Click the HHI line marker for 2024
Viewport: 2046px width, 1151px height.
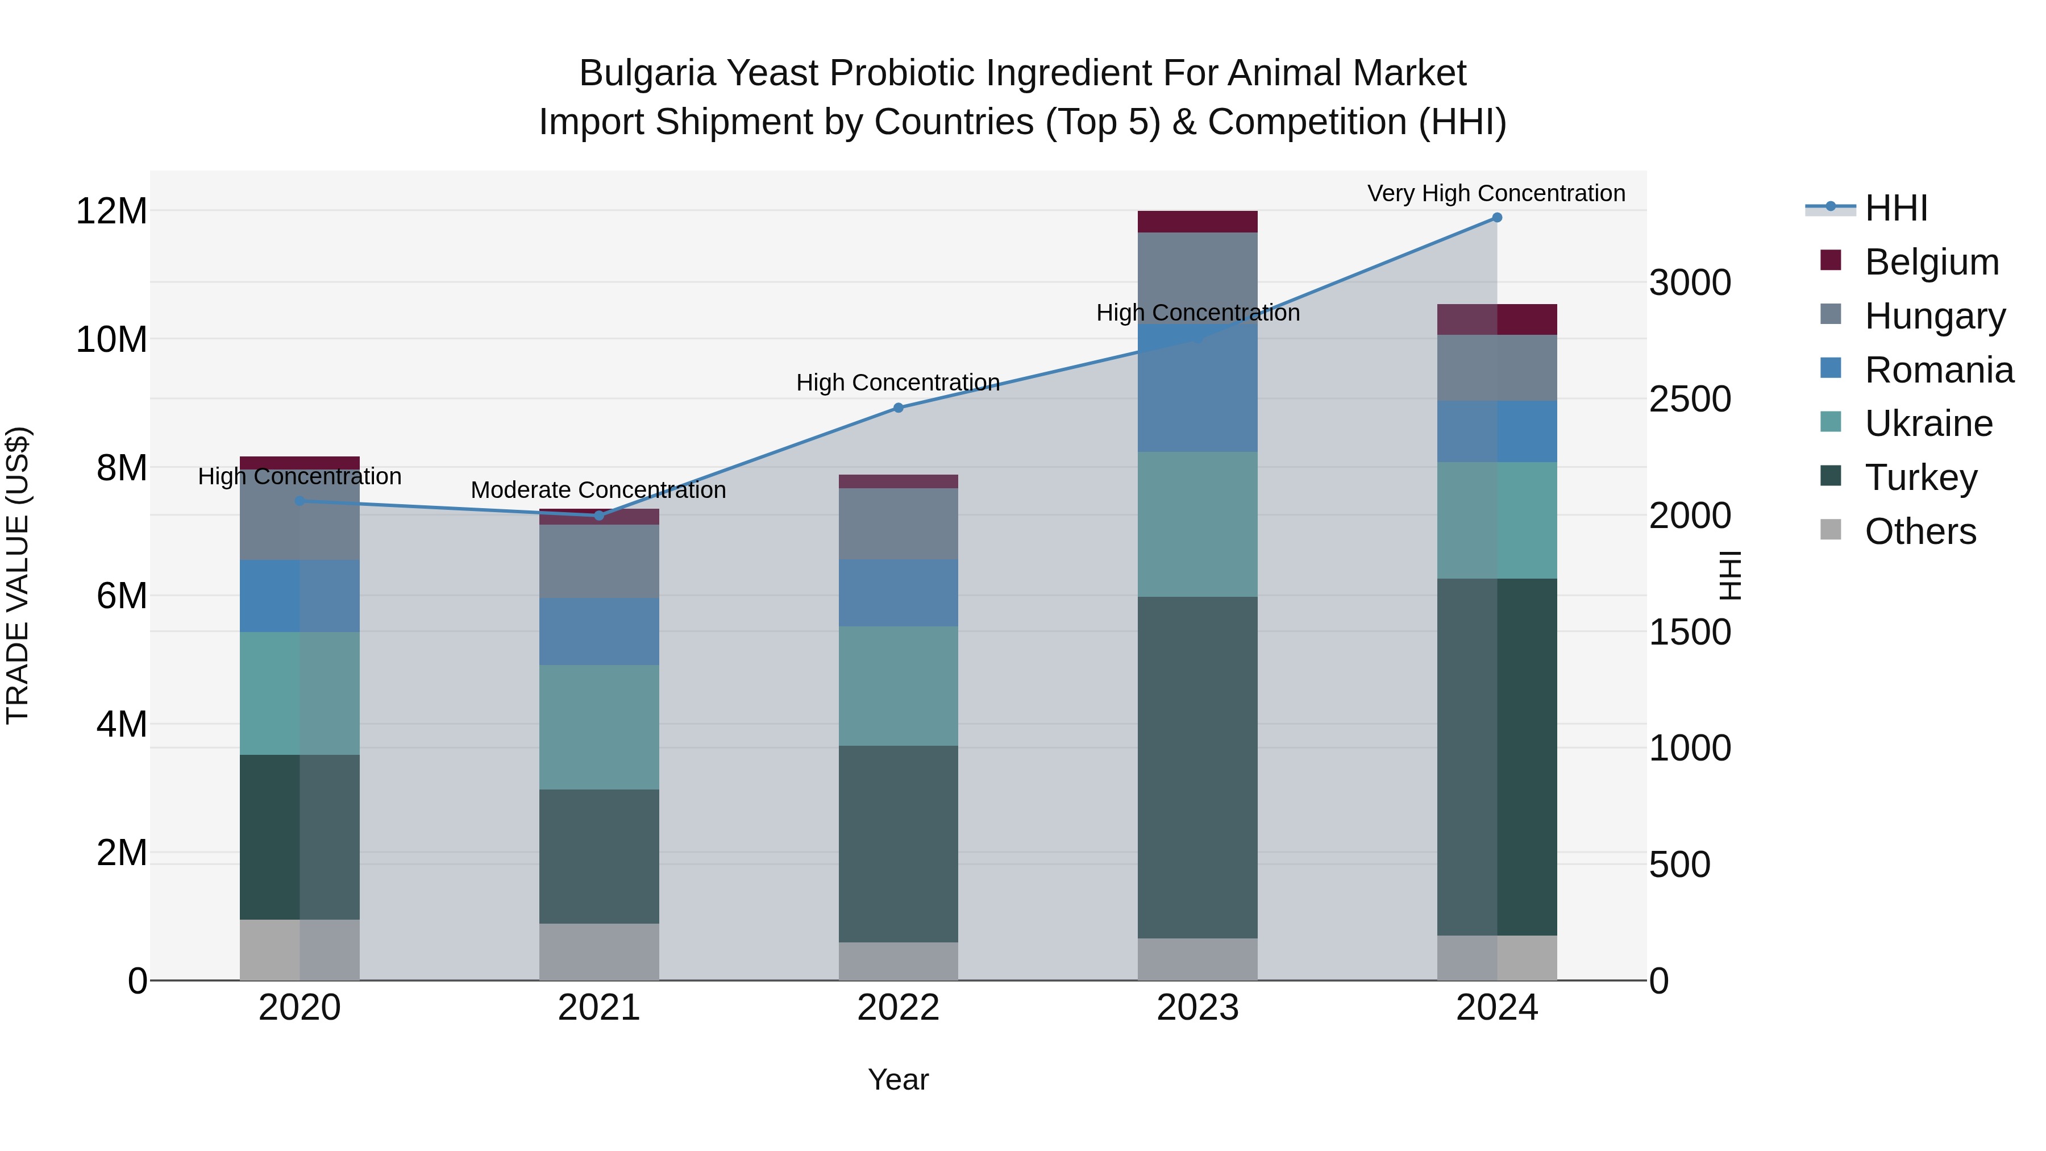pyautogui.click(x=1496, y=217)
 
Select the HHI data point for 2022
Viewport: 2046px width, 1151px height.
pyautogui.click(x=899, y=408)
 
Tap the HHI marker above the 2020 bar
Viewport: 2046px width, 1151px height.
pyautogui.click(x=300, y=501)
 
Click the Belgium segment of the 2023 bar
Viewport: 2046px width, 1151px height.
pyautogui.click(x=1197, y=222)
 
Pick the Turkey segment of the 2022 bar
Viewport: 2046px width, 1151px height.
pyautogui.click(x=899, y=843)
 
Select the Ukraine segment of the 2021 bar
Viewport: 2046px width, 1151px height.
pyautogui.click(x=599, y=727)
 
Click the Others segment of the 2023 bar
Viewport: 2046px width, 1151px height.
pyautogui.click(x=1197, y=959)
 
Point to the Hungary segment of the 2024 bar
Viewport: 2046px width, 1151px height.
pyautogui.click(x=1496, y=368)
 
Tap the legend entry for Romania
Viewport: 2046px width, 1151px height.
pyautogui.click(x=1938, y=370)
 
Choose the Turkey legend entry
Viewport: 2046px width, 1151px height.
pyautogui.click(x=1920, y=477)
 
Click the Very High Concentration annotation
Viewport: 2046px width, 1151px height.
pyautogui.click(x=1496, y=193)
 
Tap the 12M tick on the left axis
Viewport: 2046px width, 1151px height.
pyautogui.click(x=111, y=211)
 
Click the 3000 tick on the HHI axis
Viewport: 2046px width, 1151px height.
pyautogui.click(x=1690, y=283)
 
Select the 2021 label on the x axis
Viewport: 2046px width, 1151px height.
pyautogui.click(x=599, y=1008)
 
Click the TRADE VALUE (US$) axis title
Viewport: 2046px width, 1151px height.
pyautogui.click(x=18, y=575)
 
